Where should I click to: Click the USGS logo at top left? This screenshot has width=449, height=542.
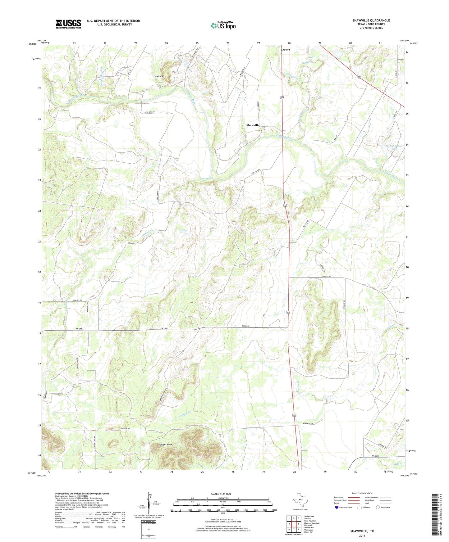[x=68, y=24]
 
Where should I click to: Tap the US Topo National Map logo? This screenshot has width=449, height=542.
[x=223, y=25]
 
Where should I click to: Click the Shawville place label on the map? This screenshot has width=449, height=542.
[x=253, y=125]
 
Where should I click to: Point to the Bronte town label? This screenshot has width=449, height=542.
[x=285, y=50]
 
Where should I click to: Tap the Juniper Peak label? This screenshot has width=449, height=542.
[x=165, y=445]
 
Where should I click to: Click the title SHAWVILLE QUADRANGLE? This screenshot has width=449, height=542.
[x=371, y=20]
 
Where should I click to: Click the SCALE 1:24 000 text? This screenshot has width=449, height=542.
[x=221, y=494]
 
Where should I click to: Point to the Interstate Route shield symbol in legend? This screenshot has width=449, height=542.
[x=337, y=516]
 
